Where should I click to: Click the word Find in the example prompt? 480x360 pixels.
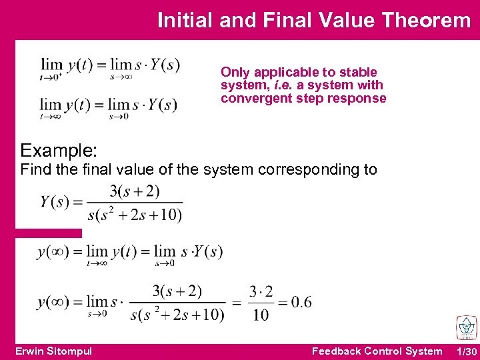pyautogui.click(x=35, y=169)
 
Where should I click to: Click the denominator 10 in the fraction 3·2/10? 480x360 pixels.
pyautogui.click(x=261, y=314)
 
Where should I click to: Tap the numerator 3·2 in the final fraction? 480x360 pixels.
pyautogui.click(x=261, y=291)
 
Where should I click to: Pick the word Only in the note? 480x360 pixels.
pyautogui.click(x=235, y=72)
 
